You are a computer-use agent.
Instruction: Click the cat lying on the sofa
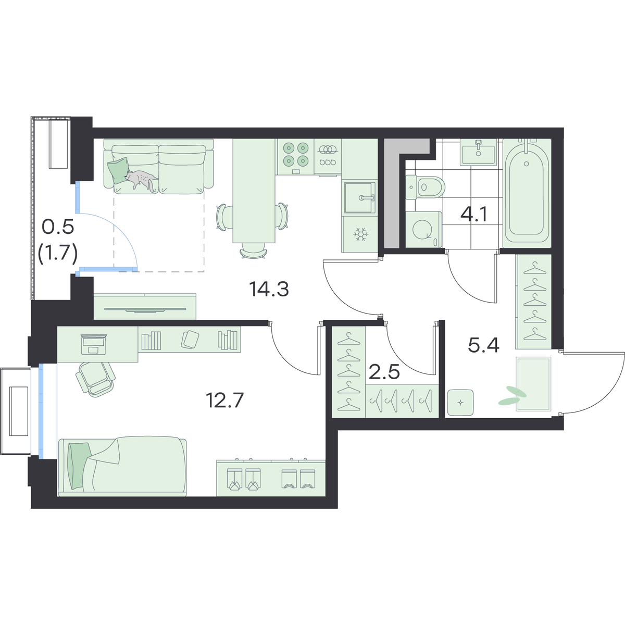[x=142, y=180]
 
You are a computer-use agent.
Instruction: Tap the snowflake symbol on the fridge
[x=359, y=234]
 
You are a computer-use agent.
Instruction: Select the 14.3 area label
[x=269, y=289]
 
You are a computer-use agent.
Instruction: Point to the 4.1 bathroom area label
[x=474, y=214]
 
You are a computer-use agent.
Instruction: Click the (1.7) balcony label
[x=58, y=254]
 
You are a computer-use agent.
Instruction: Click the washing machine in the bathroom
[x=423, y=230]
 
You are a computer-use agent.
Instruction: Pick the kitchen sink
[x=360, y=197]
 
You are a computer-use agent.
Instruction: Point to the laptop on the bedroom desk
[x=94, y=344]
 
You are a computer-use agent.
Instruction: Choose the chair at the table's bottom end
[x=254, y=251]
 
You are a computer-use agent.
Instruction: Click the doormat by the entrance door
[x=533, y=384]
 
